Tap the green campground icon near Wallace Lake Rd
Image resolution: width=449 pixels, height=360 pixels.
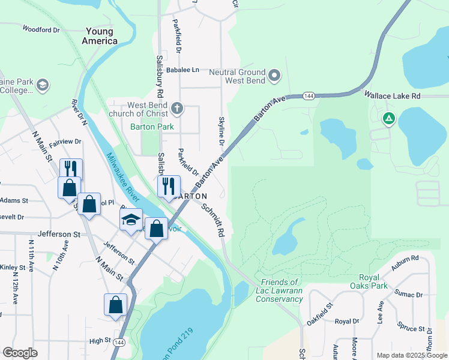point(389,119)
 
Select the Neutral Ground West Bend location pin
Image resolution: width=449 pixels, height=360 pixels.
point(275,75)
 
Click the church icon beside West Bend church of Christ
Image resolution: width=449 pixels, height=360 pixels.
point(176,109)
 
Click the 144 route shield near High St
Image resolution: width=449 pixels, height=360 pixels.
point(119,341)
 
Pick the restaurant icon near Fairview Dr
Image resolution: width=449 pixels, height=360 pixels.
point(71,168)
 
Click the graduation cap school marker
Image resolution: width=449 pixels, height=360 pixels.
point(131,220)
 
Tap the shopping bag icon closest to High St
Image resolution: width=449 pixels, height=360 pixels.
point(116,304)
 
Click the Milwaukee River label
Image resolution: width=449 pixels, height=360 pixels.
point(124,178)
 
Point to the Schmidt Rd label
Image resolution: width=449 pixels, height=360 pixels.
point(213,220)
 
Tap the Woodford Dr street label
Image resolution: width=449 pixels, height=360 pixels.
point(41,29)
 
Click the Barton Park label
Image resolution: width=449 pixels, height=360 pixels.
point(152,127)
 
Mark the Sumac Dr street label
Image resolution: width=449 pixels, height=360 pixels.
point(409,294)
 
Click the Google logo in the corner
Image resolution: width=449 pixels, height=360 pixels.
point(20,353)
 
